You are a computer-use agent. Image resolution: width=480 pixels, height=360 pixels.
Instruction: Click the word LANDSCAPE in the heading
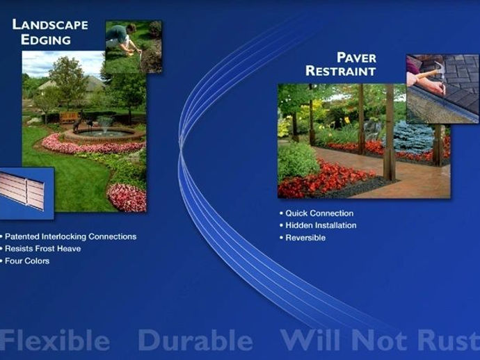[50, 25]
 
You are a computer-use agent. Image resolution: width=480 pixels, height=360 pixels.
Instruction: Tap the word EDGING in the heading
[46, 40]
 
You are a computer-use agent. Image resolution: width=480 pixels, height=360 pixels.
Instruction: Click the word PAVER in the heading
[356, 58]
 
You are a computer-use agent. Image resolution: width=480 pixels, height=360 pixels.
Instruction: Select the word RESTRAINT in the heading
[341, 71]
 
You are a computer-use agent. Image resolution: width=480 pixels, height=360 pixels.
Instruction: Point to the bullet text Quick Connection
[319, 213]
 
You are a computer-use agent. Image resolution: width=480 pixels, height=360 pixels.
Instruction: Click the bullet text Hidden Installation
[321, 225]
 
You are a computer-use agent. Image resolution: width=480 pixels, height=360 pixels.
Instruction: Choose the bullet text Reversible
[305, 238]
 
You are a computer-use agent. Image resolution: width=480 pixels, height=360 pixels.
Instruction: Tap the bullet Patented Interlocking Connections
[70, 236]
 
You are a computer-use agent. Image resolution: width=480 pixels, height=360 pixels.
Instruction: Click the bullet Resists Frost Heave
[43, 249]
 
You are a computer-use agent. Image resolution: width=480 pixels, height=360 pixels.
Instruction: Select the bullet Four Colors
[27, 261]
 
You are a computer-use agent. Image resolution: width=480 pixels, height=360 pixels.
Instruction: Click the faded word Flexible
[54, 340]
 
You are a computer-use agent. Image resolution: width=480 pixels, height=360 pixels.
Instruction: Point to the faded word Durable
[195, 340]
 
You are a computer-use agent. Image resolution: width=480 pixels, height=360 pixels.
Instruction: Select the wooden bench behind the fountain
[69, 117]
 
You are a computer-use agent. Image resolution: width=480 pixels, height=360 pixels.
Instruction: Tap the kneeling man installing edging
[123, 38]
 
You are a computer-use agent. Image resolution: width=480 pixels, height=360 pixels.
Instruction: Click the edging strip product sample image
[22, 190]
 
